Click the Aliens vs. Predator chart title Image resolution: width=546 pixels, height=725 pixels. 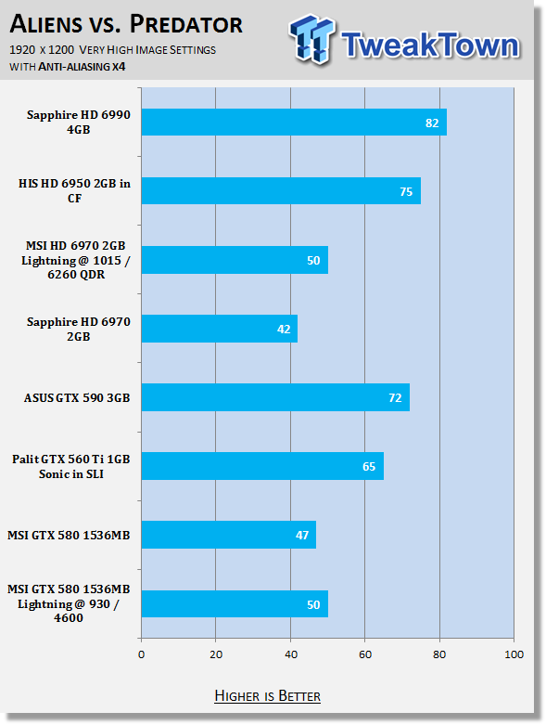pyautogui.click(x=126, y=24)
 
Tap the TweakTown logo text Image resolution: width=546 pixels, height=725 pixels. pyautogui.click(x=431, y=45)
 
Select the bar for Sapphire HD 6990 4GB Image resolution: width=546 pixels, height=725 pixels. pyautogui.click(x=294, y=123)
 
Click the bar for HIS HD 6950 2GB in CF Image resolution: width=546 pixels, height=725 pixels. pyautogui.click(x=281, y=191)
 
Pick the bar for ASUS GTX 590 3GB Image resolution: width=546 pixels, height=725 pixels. pyautogui.click(x=275, y=397)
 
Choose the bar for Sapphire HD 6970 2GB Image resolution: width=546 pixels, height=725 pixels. pyautogui.click(x=220, y=329)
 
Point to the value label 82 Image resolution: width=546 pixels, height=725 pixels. pyautogui.click(x=432, y=123)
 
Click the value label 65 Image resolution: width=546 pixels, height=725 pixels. pyautogui.click(x=369, y=467)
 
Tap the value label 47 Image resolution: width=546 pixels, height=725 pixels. pyautogui.click(x=302, y=536)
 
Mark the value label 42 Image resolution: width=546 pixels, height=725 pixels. pyautogui.click(x=284, y=330)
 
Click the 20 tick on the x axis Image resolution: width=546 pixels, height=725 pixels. pyautogui.click(x=216, y=654)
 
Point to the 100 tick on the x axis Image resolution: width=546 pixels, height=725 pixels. pyautogui.click(x=514, y=654)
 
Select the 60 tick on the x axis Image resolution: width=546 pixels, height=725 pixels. pyautogui.click(x=364, y=654)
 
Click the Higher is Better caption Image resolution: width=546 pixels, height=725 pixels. pyautogui.click(x=267, y=696)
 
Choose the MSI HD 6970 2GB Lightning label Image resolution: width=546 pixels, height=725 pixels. pyautogui.click(x=76, y=260)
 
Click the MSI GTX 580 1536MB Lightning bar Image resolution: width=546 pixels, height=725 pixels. pyautogui.click(x=235, y=604)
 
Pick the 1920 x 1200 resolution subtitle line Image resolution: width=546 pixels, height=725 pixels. pyautogui.click(x=112, y=50)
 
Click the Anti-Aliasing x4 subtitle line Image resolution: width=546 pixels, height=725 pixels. pyautogui.click(x=68, y=67)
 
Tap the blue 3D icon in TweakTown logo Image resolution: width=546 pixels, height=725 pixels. pyautogui.click(x=311, y=39)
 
